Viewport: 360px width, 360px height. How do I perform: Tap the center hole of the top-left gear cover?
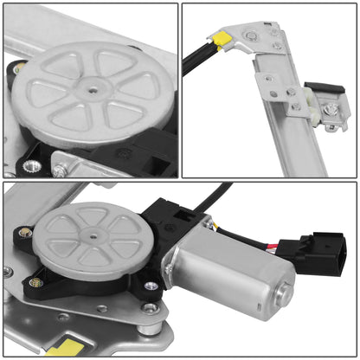point(91,85)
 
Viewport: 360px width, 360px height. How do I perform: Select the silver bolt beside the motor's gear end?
point(152,286)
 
